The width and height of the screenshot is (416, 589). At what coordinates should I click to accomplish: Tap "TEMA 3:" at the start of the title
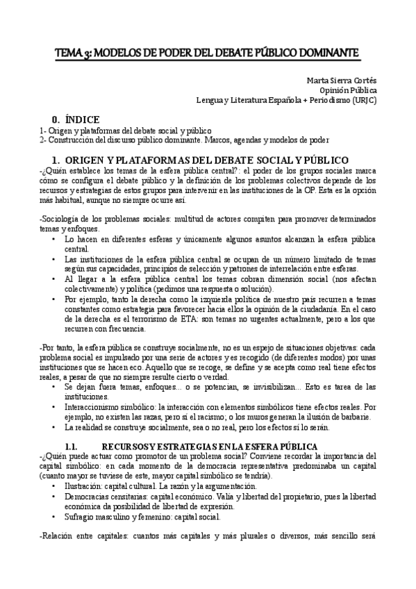tap(74, 53)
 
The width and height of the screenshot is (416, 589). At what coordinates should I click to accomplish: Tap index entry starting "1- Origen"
tap(125, 130)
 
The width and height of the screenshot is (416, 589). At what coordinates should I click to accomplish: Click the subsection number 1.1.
tap(74, 445)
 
